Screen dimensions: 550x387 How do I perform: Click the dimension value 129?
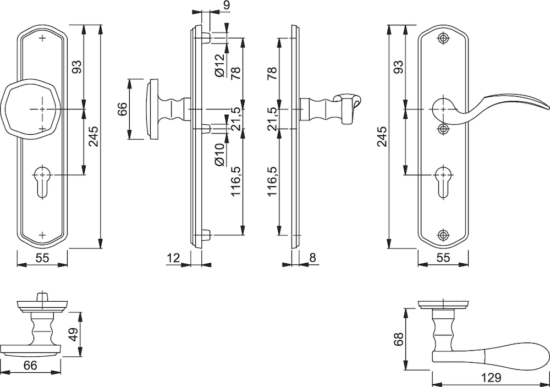coord(491,378)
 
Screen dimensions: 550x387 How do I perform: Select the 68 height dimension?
coord(399,339)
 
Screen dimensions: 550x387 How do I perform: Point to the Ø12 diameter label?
coord(219,65)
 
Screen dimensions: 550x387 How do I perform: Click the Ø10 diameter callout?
coord(219,154)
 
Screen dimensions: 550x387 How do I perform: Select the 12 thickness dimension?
coord(173,258)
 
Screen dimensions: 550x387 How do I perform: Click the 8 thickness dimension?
coord(312,258)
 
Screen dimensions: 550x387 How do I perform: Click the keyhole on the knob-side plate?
coord(42,181)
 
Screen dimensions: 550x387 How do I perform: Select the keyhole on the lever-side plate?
coord(443,181)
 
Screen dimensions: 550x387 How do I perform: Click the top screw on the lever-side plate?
coord(443,38)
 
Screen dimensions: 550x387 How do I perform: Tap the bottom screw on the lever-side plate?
coord(443,235)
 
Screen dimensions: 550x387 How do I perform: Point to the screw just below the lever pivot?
coord(443,129)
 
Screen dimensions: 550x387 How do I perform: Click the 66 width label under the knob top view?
coord(30,365)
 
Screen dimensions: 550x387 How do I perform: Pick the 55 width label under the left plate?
coord(42,258)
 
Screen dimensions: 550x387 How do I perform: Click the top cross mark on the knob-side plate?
coord(43,38)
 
